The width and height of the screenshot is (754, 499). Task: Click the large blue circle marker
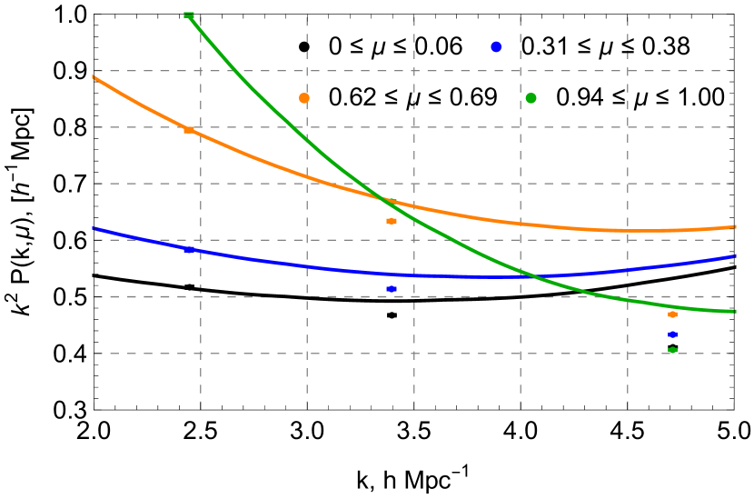496,46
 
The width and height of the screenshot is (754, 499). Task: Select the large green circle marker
531,98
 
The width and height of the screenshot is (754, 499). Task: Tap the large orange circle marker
304,98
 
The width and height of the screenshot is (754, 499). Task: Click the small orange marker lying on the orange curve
189,130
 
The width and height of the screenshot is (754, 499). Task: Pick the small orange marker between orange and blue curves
392,221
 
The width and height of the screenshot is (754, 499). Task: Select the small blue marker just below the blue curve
392,289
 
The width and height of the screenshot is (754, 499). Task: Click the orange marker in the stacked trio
672,314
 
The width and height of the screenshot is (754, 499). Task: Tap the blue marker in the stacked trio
672,334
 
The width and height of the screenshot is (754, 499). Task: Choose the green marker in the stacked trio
672,350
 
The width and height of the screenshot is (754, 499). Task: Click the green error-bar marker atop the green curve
189,15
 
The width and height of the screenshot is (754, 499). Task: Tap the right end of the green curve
733,312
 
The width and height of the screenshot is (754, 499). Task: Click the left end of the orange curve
94,77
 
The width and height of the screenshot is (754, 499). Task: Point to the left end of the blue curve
94,228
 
